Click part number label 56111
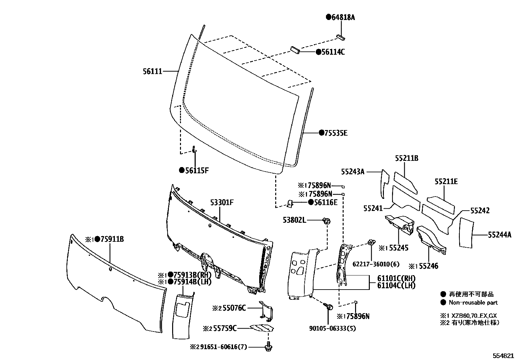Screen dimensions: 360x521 pos(152,71)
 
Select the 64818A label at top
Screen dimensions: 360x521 pos(343,18)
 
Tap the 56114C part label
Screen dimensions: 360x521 pos(332,52)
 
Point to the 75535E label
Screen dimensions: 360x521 pos(336,133)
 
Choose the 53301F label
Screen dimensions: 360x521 pos(222,202)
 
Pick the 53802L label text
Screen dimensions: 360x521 pos(295,220)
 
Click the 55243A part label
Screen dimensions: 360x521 pos(352,171)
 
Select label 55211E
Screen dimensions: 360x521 pos(446,181)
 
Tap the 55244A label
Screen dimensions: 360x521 pos(499,235)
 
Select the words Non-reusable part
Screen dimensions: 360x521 pos(473,303)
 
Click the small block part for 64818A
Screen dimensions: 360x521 pos(340,37)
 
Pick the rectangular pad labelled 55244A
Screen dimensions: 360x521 pos(466,232)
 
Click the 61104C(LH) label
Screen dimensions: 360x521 pos(396,286)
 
